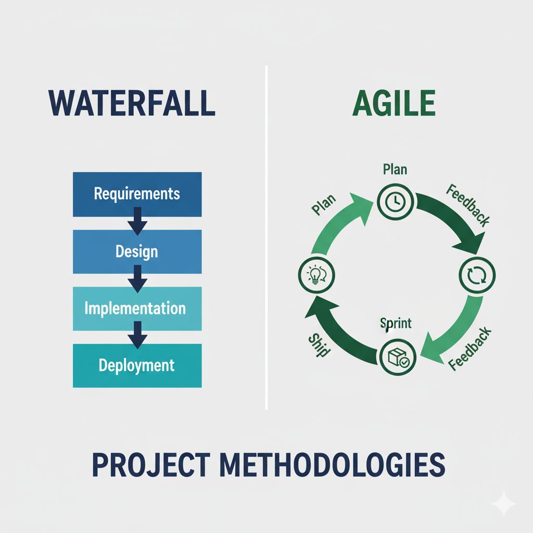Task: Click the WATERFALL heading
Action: tap(132, 103)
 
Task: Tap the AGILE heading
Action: tap(394, 103)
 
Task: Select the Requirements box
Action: tap(137, 194)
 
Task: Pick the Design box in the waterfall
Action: tap(137, 252)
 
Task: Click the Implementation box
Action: tap(135, 308)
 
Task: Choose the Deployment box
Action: tap(137, 365)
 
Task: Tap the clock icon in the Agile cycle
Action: tap(396, 200)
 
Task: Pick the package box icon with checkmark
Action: tap(398, 357)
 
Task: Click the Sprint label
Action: tap(396, 323)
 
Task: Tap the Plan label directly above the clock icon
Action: tap(395, 169)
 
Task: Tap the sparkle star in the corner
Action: tap(503, 503)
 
